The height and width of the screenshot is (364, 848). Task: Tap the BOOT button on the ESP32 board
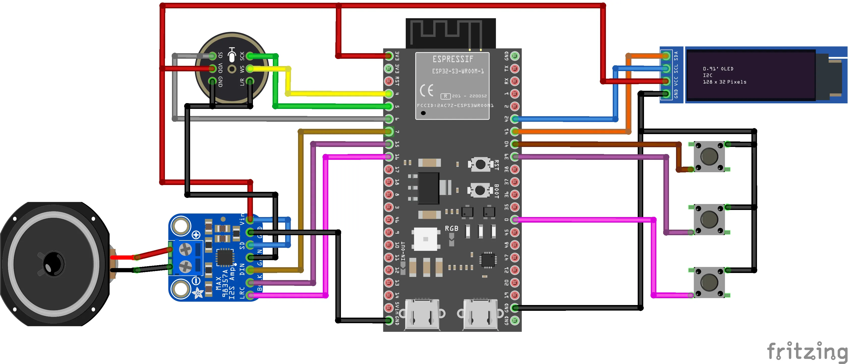480,190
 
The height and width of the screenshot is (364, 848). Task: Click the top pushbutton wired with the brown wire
709,157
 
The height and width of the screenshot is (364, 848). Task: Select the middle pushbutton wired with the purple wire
709,220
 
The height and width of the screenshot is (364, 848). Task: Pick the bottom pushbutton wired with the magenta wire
709,282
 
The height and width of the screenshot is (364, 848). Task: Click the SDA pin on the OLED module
666,56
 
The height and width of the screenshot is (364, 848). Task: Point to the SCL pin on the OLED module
666,69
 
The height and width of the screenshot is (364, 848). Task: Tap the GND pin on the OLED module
666,94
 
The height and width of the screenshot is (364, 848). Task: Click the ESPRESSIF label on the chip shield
453,59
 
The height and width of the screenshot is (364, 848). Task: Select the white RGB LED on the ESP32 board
425,239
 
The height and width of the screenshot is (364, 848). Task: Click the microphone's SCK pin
250,56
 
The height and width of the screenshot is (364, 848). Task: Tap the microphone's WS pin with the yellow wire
250,69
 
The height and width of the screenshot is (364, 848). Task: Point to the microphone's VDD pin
212,69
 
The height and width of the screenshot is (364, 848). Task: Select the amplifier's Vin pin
250,220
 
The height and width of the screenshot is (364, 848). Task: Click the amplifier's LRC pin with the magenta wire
250,295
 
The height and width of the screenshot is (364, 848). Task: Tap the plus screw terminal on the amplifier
185,250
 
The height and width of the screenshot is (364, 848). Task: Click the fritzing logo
807,351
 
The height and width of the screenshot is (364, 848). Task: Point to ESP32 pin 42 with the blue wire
515,119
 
